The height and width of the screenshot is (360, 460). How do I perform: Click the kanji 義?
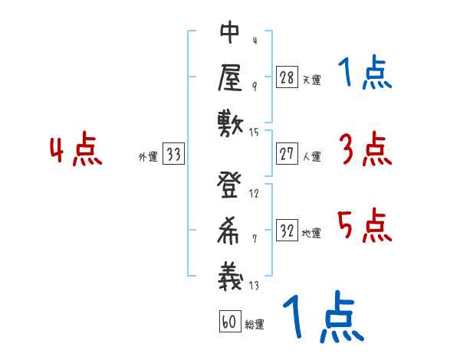pos(230,274)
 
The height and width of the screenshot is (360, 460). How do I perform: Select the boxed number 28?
pos(287,77)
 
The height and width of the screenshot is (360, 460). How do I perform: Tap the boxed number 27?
pos(287,154)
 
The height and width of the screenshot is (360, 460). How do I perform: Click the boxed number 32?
pos(287,231)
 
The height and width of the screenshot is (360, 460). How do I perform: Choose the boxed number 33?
pos(173,154)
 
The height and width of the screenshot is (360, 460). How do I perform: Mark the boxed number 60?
pos(228,322)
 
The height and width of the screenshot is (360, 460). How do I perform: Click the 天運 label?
pos(311,79)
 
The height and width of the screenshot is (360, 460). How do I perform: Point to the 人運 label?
pos(311,156)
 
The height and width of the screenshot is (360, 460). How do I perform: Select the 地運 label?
pos(311,233)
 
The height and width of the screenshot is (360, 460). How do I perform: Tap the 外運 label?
pos(147,156)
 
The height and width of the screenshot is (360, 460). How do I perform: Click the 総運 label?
pos(255,324)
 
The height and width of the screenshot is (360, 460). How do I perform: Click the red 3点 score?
pos(364,150)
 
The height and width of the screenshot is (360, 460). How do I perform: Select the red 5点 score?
pos(364,227)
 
